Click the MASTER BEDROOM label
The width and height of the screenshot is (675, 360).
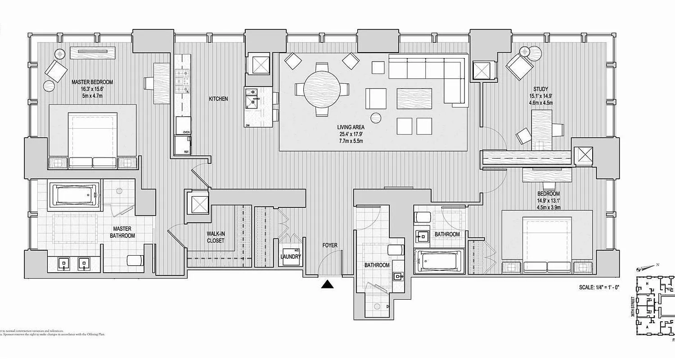(x=92, y=82)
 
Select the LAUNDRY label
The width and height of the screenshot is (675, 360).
(x=290, y=257)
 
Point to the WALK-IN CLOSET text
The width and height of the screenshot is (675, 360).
(x=215, y=237)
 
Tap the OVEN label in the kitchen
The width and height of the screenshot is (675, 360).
(x=186, y=132)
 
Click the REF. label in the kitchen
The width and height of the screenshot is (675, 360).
(x=186, y=152)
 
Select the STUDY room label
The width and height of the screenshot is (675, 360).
(x=540, y=89)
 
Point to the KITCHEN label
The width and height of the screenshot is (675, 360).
(x=218, y=99)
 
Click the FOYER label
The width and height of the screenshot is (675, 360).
(x=329, y=245)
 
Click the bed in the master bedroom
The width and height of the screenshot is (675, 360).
(x=93, y=138)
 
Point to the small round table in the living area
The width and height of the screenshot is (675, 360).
(x=376, y=118)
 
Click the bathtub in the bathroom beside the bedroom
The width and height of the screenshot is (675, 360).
(x=440, y=261)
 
